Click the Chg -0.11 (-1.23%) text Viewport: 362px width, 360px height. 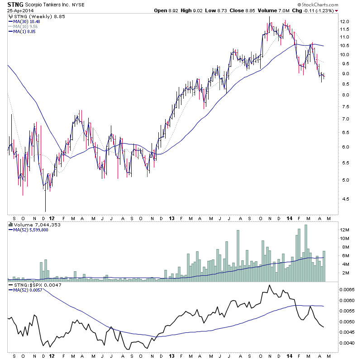317,10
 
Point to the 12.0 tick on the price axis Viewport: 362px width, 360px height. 345,21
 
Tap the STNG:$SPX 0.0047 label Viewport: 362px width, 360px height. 31,285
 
